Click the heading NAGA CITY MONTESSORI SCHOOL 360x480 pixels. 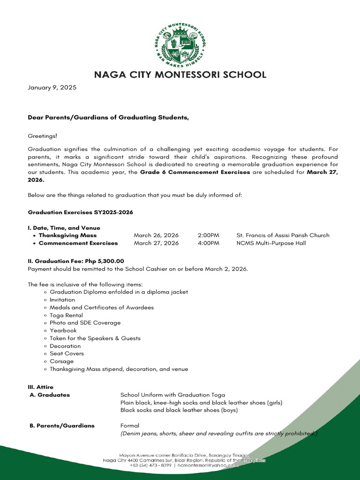pyautogui.click(x=180, y=75)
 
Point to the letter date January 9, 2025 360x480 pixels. pyautogui.click(x=52, y=88)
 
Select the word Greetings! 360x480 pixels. pyautogui.click(x=43, y=136)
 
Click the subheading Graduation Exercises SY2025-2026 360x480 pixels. pyautogui.click(x=81, y=212)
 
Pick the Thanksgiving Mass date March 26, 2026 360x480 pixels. pyautogui.click(x=156, y=235)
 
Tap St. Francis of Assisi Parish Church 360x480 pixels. pyautogui.click(x=283, y=235)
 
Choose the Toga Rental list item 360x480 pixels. pyautogui.click(x=66, y=315)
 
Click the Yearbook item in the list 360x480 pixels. pyautogui.click(x=63, y=330)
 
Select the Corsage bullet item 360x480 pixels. pyautogui.click(x=62, y=361)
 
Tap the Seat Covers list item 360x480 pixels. pyautogui.click(x=67, y=353)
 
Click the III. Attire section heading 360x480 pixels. pyautogui.click(x=41, y=387)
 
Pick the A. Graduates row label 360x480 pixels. pyautogui.click(x=49, y=395)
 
